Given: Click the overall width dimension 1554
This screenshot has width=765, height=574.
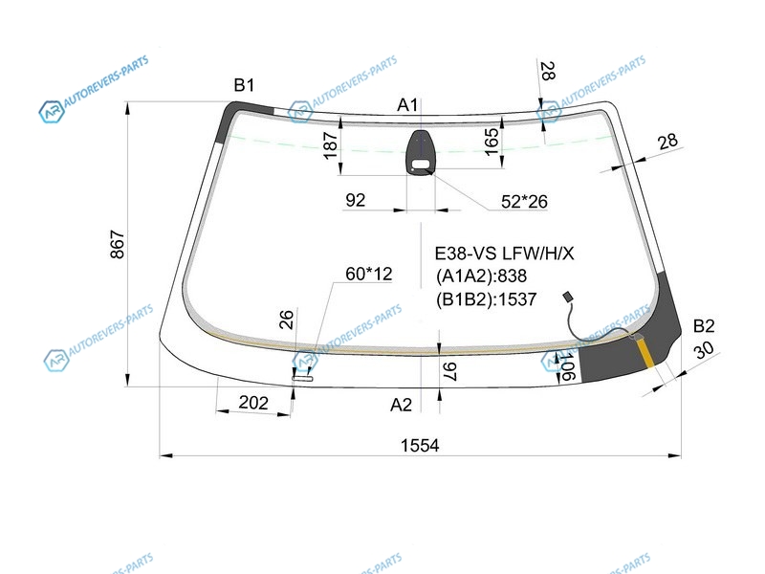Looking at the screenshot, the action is (420, 445).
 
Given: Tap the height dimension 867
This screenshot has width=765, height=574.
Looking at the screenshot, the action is (118, 244).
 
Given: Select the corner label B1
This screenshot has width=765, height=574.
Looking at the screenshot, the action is (244, 85).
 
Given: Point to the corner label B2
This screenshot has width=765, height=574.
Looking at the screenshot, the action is (704, 325).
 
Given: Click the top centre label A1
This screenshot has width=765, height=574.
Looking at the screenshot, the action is (408, 104).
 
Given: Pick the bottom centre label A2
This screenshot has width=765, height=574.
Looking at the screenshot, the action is (401, 405).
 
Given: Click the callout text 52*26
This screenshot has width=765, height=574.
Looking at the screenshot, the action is (524, 201).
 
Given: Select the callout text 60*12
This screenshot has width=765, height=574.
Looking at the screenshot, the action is (369, 274).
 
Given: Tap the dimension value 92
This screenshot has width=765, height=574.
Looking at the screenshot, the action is (355, 200).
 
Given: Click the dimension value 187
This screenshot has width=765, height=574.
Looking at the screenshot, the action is (331, 145).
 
